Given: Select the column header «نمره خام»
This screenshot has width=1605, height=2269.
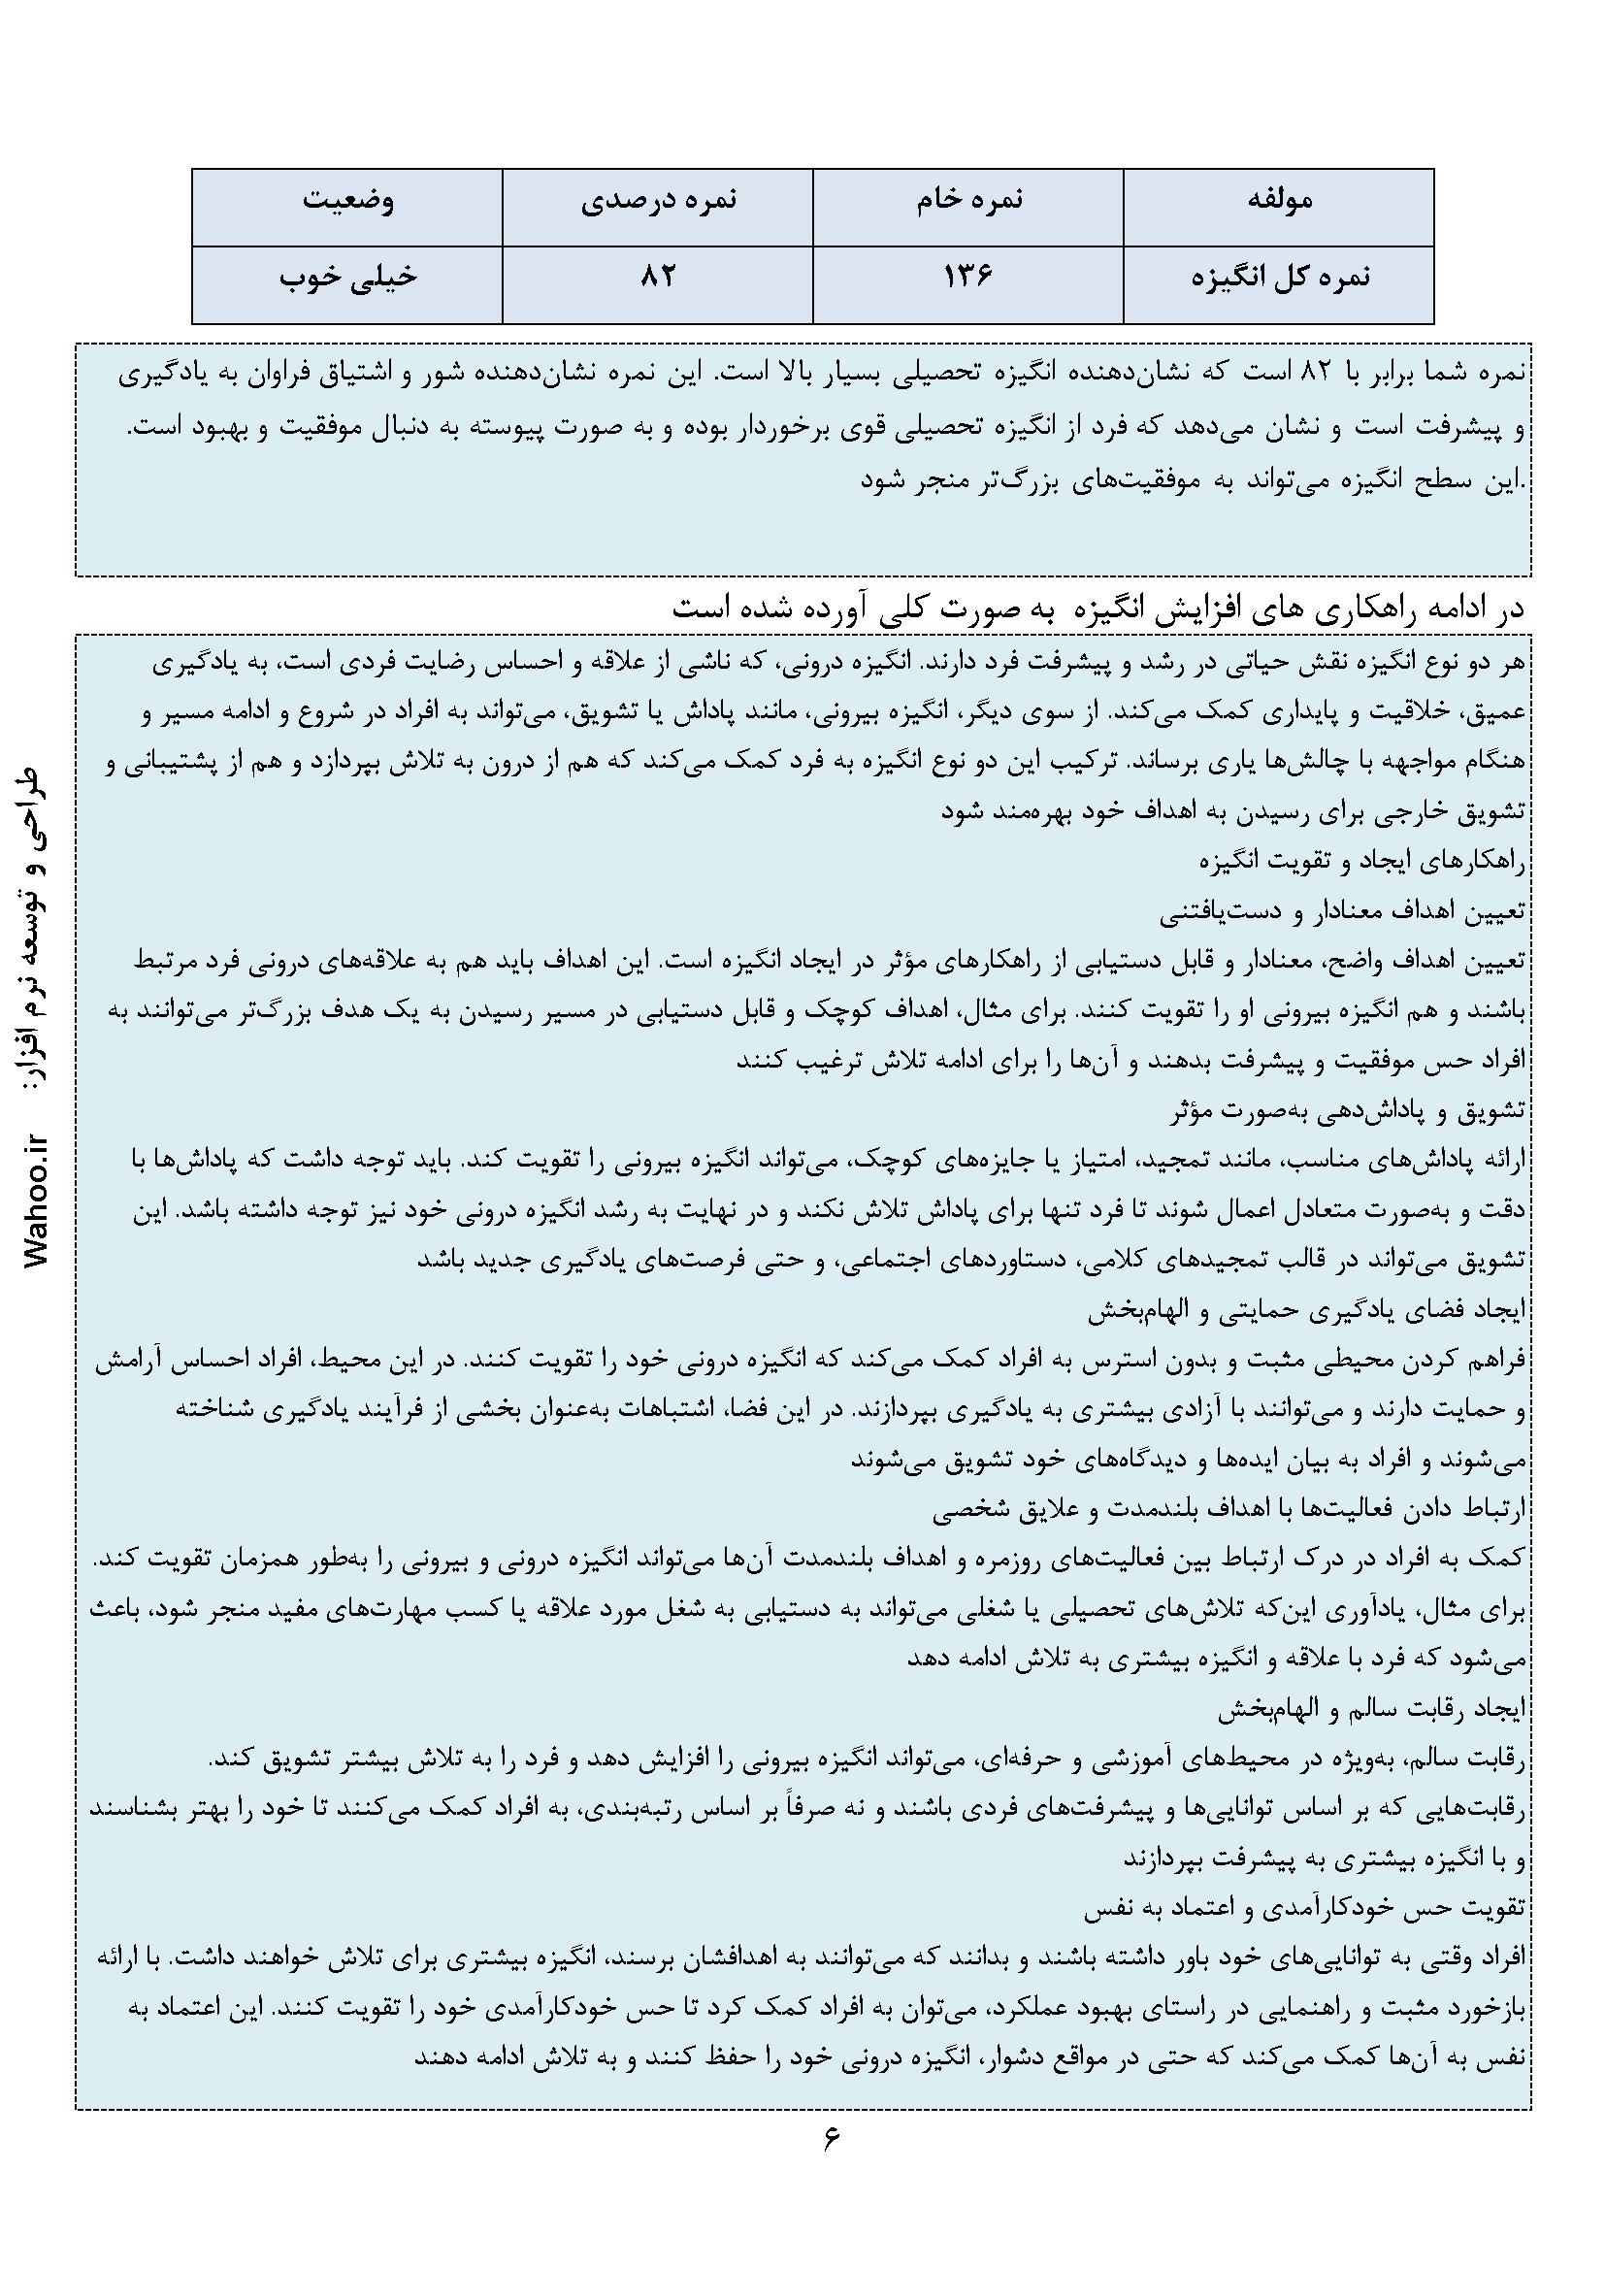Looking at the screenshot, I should click(x=967, y=201).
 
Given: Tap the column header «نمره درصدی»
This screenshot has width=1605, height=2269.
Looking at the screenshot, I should click(x=657, y=201).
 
